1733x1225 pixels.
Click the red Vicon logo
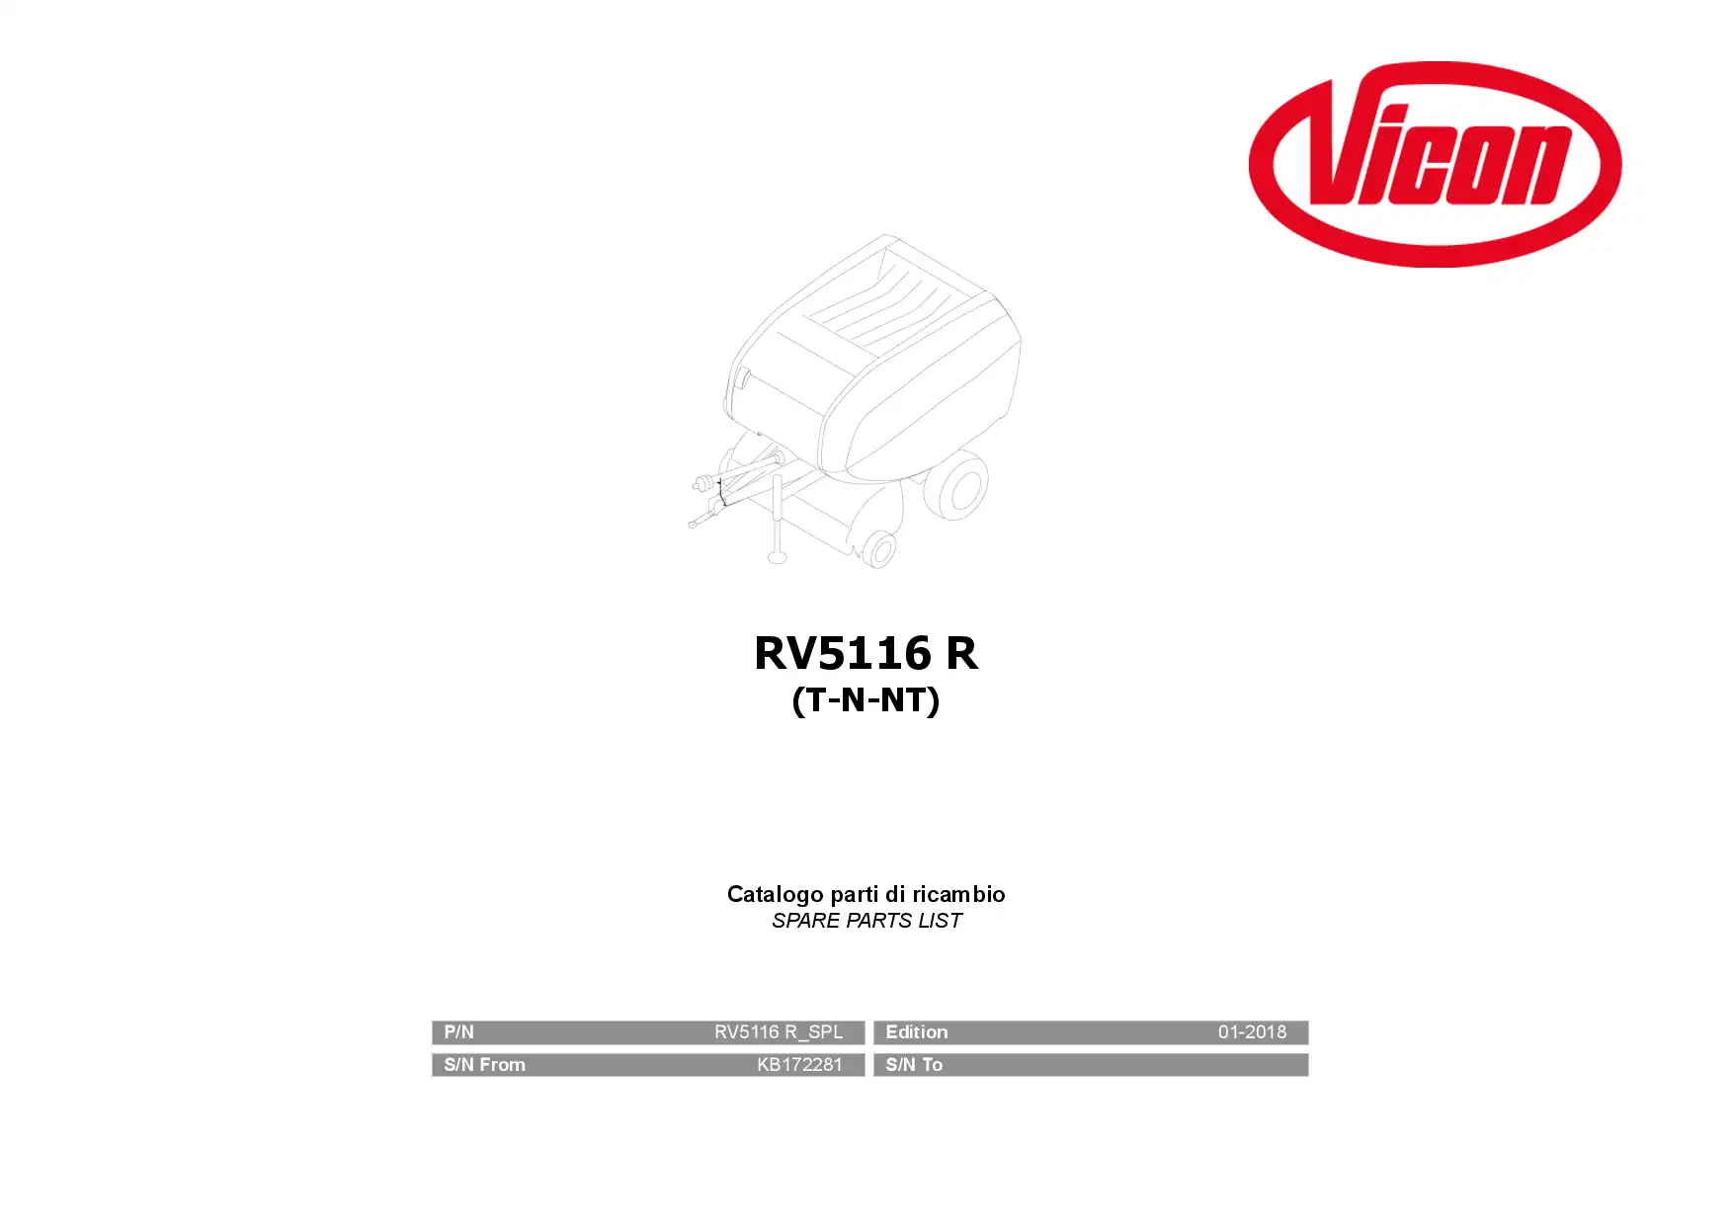tap(1435, 164)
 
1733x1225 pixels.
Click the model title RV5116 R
tap(866, 653)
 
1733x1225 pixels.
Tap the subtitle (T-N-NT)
tap(866, 700)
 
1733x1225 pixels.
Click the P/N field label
tap(458, 1032)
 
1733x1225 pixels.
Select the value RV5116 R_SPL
tap(779, 1032)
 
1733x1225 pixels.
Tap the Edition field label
tap(916, 1032)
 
